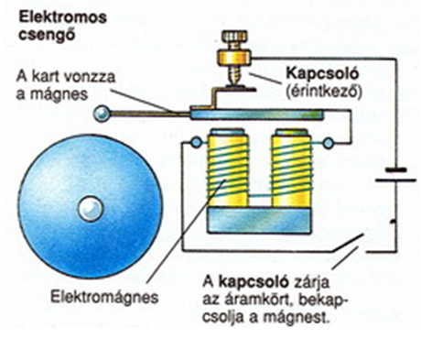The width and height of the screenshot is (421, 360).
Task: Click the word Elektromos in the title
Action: (63, 17)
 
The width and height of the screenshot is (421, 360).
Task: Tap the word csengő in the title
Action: (47, 35)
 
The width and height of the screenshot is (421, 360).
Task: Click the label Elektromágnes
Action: (104, 297)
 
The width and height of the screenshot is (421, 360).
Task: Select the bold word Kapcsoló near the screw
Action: (322, 73)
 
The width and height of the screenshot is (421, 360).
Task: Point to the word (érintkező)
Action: (324, 92)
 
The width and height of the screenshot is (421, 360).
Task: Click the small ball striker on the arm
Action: (102, 114)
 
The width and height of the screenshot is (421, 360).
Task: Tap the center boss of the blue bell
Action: (91, 209)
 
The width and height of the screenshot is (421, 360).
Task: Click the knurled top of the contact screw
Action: (234, 36)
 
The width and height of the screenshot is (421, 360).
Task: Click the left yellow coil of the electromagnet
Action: (228, 168)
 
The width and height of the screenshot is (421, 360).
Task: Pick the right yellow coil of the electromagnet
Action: (292, 168)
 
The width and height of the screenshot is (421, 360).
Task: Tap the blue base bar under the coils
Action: (260, 220)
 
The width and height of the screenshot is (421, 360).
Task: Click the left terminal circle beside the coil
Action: (196, 142)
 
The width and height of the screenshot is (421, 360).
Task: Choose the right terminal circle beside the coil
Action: (329, 143)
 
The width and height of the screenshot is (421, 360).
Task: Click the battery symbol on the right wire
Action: (395, 175)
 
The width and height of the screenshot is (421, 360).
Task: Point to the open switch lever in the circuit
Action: (348, 243)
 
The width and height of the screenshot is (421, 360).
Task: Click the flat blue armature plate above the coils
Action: (256, 115)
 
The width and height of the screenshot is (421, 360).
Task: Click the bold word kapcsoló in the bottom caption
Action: (254, 283)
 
